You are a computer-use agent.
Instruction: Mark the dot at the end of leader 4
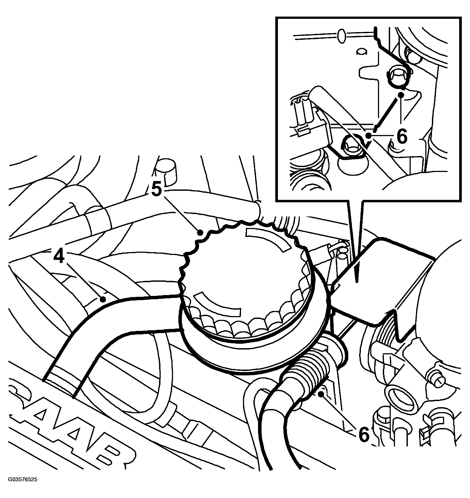pos(102,299)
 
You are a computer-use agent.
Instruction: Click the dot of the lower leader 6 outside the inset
pos(320,394)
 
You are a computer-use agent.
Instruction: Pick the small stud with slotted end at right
pos(436,381)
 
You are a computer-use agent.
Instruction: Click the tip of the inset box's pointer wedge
pos(357,282)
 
